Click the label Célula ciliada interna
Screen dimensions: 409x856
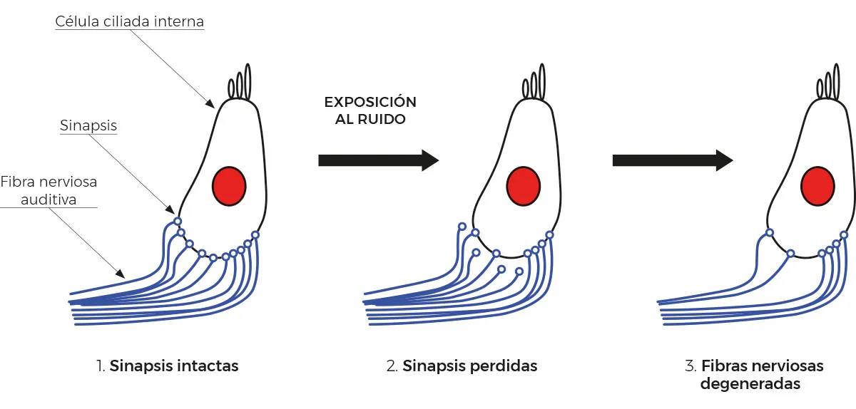[x=130, y=22]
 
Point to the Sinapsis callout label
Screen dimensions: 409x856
[x=88, y=126]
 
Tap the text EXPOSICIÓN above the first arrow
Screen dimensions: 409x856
[x=370, y=102]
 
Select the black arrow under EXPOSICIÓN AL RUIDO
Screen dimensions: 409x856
[x=378, y=160]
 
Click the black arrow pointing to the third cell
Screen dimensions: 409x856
[x=672, y=160]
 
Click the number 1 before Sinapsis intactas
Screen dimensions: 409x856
[x=99, y=366]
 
